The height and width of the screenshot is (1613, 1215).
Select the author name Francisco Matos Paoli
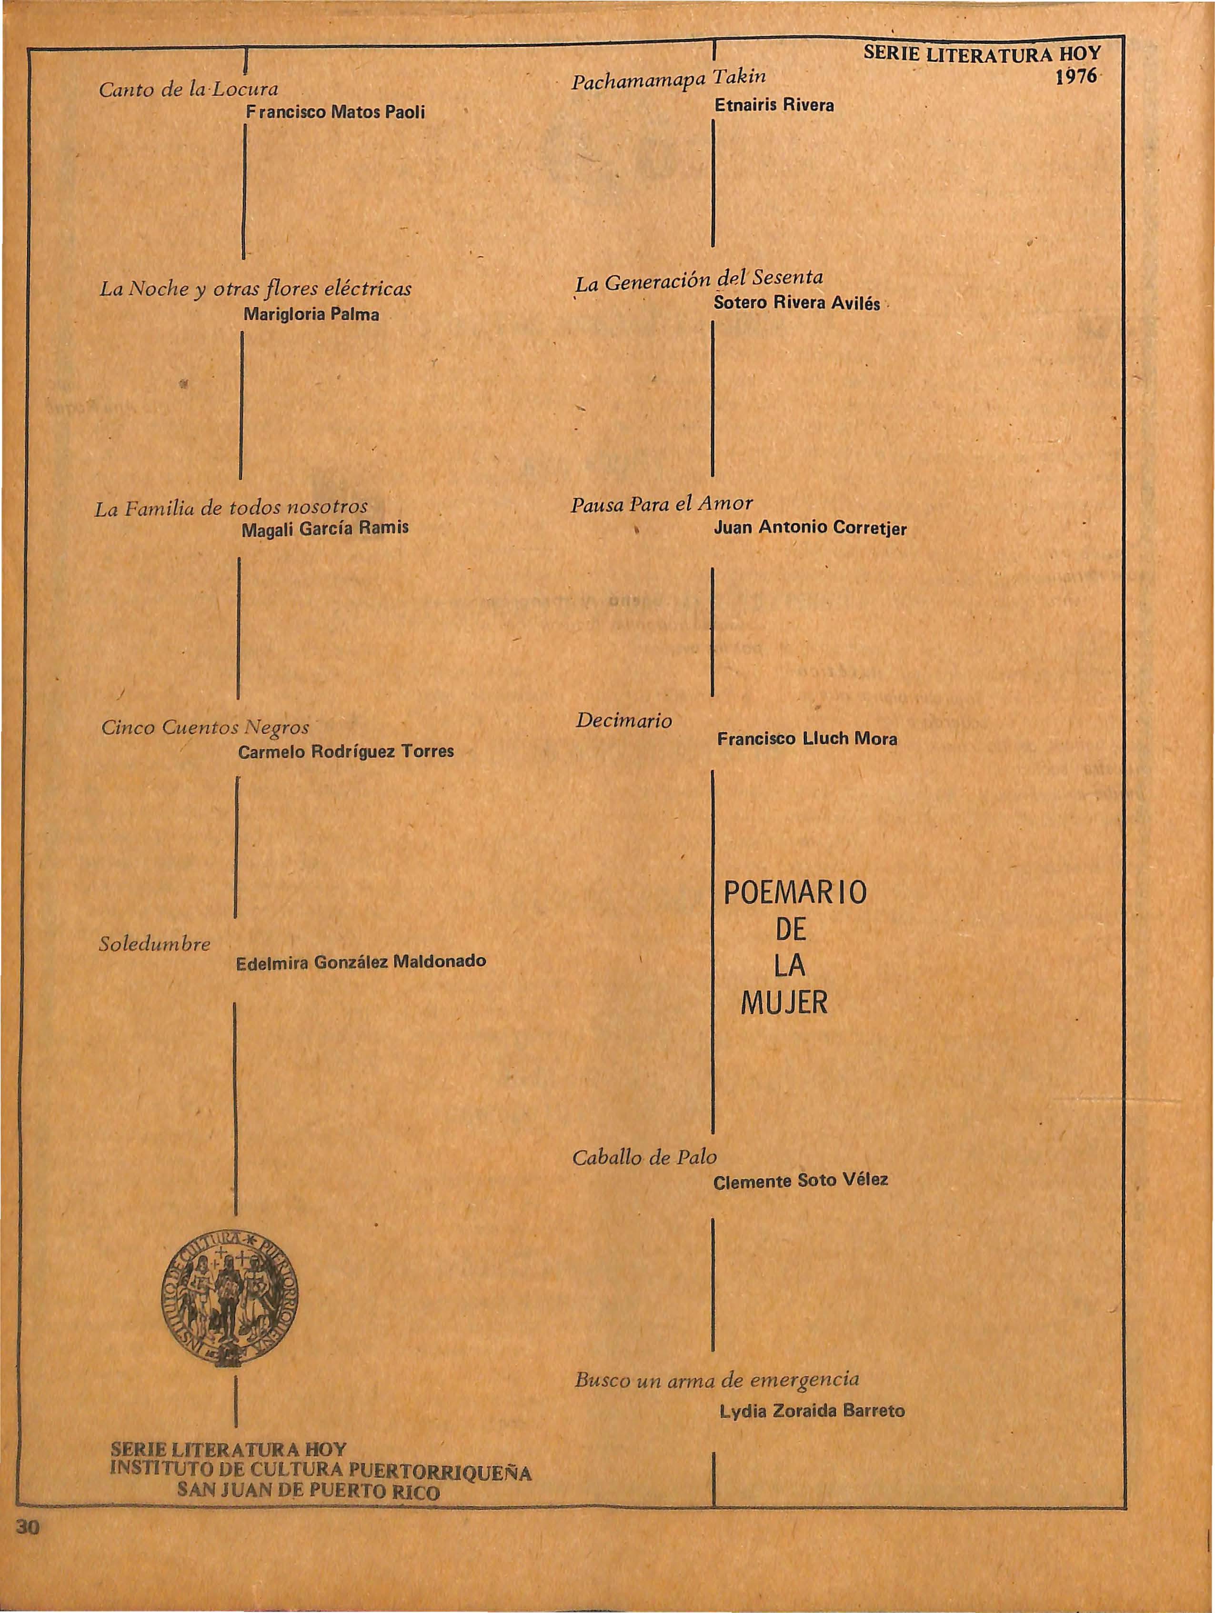(335, 113)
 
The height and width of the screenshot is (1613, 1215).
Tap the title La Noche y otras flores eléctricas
(255, 290)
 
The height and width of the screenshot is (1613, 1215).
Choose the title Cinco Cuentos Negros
(206, 727)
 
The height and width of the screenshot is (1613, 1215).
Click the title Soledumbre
(155, 944)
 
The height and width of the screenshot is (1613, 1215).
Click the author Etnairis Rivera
(774, 105)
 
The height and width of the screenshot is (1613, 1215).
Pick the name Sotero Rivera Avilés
(796, 303)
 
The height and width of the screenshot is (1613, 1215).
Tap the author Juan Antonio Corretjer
(810, 528)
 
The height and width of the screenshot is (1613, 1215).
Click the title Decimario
(623, 721)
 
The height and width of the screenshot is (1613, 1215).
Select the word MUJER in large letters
(784, 1004)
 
